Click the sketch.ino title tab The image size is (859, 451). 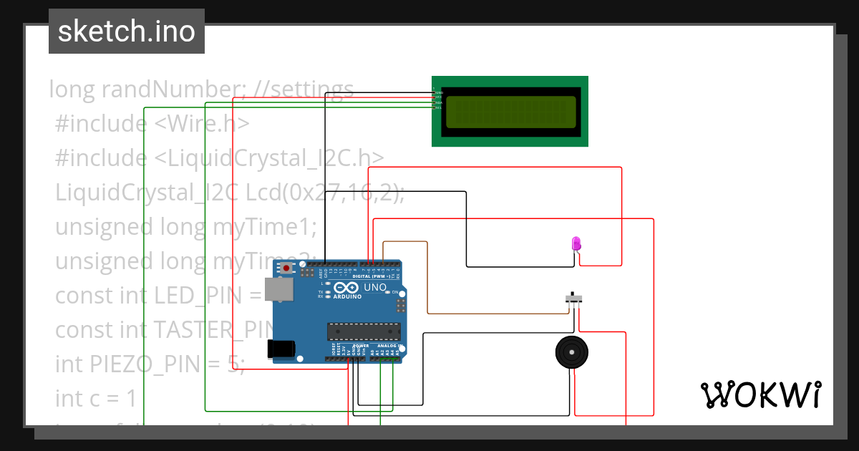pyautogui.click(x=127, y=31)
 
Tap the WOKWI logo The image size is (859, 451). pyautogui.click(x=760, y=395)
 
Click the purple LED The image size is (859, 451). pyautogui.click(x=576, y=243)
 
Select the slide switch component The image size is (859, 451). pyautogui.click(x=573, y=297)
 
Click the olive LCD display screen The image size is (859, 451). pyautogui.click(x=510, y=111)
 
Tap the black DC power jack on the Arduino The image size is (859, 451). pyautogui.click(x=280, y=348)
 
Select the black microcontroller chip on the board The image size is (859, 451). pyautogui.click(x=363, y=331)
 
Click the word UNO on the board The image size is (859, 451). pyautogui.click(x=375, y=288)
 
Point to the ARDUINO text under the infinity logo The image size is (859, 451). pyautogui.click(x=347, y=296)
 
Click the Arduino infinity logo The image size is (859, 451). pyautogui.click(x=347, y=288)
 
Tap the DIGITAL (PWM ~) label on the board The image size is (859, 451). pyautogui.click(x=372, y=276)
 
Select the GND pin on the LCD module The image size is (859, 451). pyautogui.click(x=437, y=93)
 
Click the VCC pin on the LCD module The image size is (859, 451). pyautogui.click(x=437, y=97)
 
